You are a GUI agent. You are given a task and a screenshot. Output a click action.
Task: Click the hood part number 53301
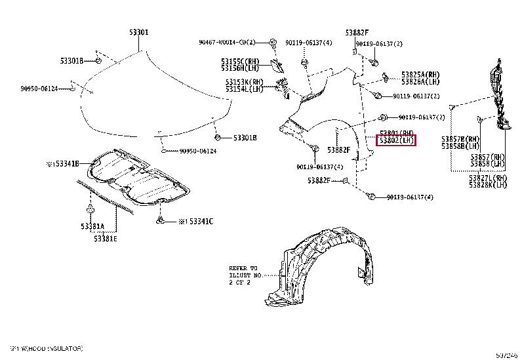click(138, 31)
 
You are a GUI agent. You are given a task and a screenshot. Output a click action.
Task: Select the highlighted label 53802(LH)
click(396, 141)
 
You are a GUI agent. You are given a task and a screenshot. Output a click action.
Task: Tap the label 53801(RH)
click(396, 133)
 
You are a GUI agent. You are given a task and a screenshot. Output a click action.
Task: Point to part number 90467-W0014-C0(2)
click(227, 43)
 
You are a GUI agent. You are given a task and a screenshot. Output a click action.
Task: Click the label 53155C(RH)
click(240, 61)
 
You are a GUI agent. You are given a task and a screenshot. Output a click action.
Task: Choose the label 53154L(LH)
click(243, 89)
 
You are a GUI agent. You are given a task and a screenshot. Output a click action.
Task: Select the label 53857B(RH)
click(460, 139)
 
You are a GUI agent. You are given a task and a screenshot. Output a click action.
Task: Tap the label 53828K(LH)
click(488, 185)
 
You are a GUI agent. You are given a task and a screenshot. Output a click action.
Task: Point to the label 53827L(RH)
click(488, 178)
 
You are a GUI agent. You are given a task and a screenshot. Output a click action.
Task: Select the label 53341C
click(195, 222)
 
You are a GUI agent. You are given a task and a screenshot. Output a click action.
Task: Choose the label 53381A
click(92, 226)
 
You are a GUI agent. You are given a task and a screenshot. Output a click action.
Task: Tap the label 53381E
click(105, 238)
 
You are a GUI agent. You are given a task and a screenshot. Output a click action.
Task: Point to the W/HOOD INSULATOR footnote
click(46, 349)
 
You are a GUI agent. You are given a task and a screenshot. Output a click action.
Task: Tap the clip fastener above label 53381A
click(90, 209)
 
